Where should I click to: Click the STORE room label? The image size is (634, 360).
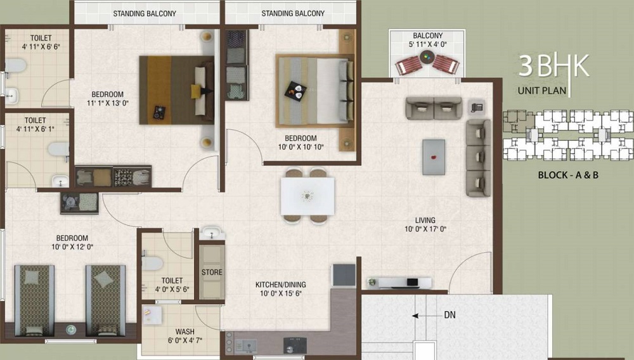click(212, 273)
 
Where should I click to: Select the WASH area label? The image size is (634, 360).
click(184, 331)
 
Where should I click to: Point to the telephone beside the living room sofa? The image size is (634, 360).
click(477, 108)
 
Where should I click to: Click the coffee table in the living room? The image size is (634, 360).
click(434, 157)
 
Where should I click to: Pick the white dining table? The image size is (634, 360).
click(307, 196)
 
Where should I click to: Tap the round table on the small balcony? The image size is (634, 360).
click(427, 58)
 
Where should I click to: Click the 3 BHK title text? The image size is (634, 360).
click(553, 66)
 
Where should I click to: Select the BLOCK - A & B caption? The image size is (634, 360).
click(568, 176)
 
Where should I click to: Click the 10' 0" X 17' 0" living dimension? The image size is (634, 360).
click(425, 229)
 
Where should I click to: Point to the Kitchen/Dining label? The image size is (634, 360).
click(281, 285)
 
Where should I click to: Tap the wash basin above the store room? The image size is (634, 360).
click(212, 233)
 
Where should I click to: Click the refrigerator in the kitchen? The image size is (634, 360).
click(344, 275)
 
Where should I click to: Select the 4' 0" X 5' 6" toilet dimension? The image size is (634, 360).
click(172, 289)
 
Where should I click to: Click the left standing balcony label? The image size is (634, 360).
click(145, 14)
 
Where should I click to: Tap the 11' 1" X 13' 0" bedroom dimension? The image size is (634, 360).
click(108, 103)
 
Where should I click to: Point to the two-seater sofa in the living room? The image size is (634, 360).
click(434, 108)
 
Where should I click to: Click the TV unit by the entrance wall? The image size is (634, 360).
click(399, 283)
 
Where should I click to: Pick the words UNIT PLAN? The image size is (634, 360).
click(542, 91)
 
